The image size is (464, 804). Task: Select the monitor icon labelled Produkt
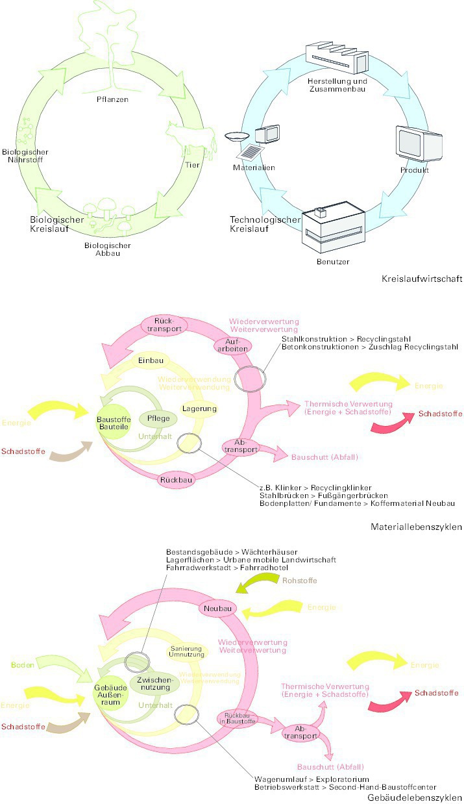tap(419, 144)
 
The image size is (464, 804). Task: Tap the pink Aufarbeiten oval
tap(232, 345)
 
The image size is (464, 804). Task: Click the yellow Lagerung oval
tap(199, 408)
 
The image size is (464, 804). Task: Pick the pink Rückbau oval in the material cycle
tap(175, 481)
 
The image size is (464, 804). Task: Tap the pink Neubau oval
tap(217, 609)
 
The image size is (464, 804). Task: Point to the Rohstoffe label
tap(297, 579)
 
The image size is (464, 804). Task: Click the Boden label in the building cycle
tap(22, 665)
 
